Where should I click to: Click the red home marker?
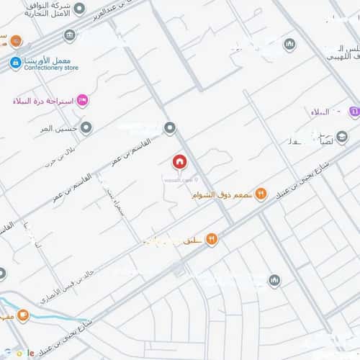pyautogui.click(x=179, y=161)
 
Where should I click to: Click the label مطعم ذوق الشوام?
pyautogui.click(x=222, y=195)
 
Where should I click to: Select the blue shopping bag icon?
pyautogui.click(x=14, y=63)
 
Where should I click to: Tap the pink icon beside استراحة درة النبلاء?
pyautogui.click(x=82, y=101)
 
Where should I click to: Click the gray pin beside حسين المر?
pyautogui.click(x=86, y=128)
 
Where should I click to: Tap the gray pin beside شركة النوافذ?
pyautogui.click(x=70, y=35)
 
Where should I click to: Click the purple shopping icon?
pyautogui.click(x=354, y=112)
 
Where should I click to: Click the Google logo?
pyautogui.click(x=22, y=352)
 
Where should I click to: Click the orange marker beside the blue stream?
pyautogui.click(x=23, y=315)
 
